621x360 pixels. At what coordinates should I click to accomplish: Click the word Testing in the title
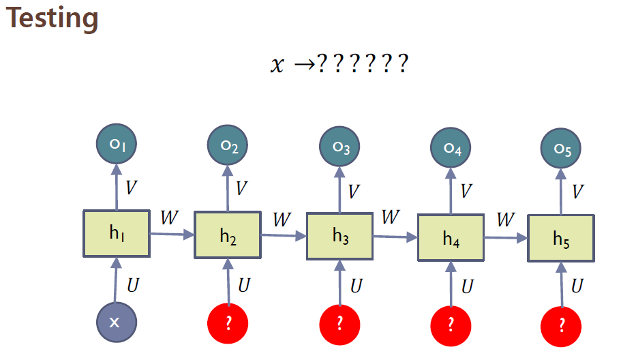tap(52, 18)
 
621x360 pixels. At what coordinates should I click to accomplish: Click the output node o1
tap(117, 145)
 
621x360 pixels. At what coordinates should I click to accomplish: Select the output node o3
tap(341, 147)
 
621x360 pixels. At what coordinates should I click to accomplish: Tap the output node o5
tap(561, 149)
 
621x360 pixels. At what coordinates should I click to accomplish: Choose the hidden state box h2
tap(228, 235)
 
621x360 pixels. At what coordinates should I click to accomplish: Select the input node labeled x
tap(115, 321)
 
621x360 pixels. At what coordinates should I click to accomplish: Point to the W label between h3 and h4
tap(390, 218)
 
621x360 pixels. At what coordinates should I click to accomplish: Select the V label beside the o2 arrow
tap(241, 188)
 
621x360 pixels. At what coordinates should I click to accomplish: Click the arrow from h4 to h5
tap(505, 238)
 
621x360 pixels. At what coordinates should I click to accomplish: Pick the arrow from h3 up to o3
tap(340, 189)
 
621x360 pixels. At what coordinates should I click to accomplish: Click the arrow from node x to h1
tap(116, 280)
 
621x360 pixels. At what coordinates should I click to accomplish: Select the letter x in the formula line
tap(276, 66)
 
